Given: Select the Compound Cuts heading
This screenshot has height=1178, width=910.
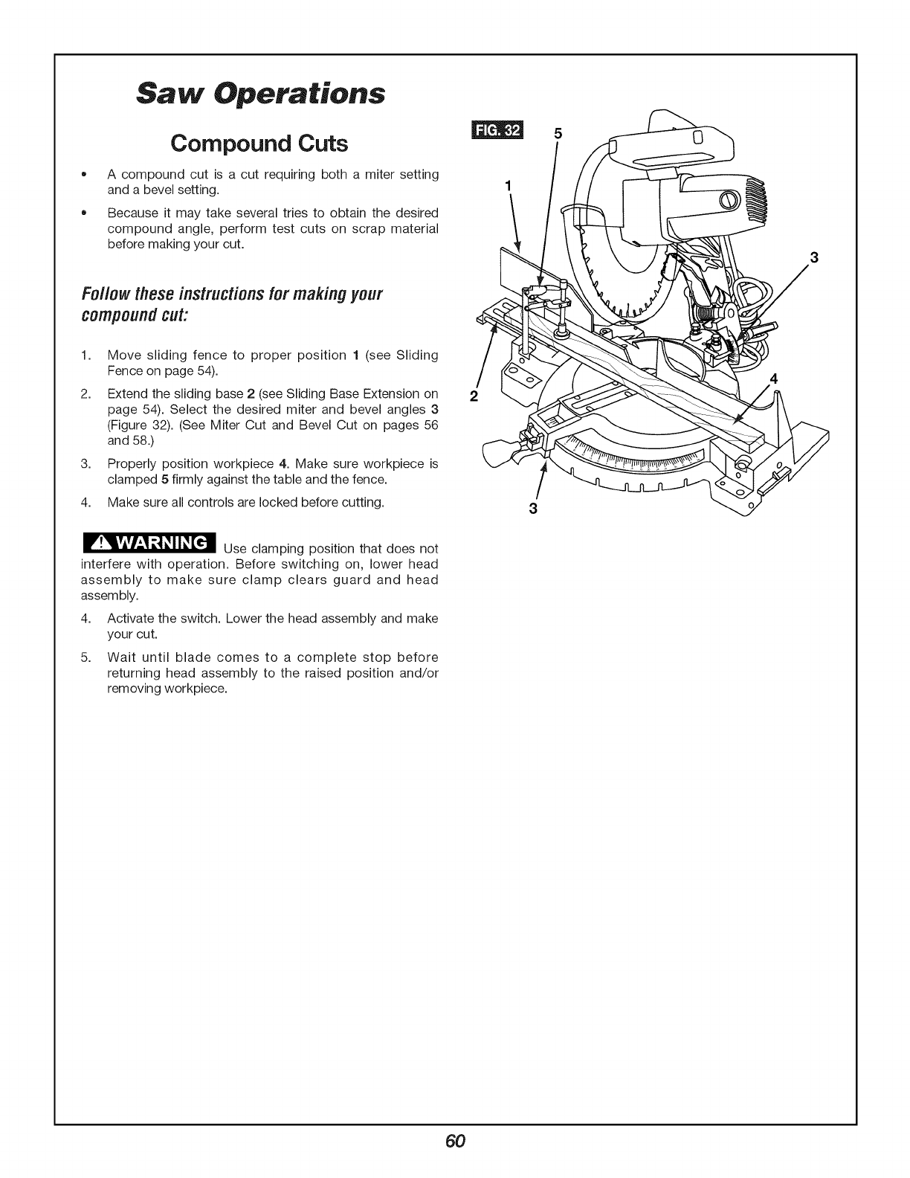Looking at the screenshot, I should coord(259,142).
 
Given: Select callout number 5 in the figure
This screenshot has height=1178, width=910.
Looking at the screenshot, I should coord(560,135).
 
